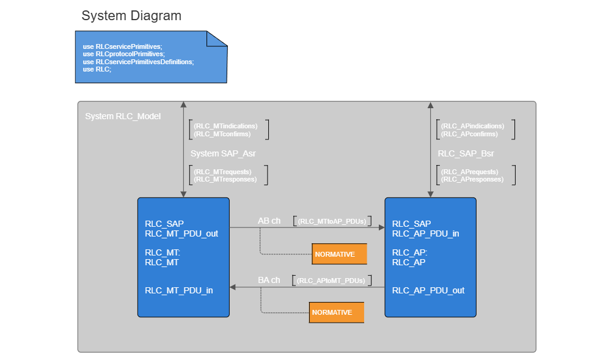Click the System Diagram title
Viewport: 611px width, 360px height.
(x=131, y=16)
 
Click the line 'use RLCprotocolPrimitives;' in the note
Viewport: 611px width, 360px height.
(x=124, y=54)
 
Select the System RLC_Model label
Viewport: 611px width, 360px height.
(x=123, y=116)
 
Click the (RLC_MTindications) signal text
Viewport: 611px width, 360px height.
(x=225, y=126)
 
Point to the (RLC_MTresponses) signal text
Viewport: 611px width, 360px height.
(x=225, y=180)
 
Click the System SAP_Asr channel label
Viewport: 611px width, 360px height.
(x=222, y=153)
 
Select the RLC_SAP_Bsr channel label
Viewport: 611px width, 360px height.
(x=466, y=153)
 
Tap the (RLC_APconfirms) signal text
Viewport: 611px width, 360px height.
(x=469, y=134)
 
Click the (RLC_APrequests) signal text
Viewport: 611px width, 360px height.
(x=469, y=172)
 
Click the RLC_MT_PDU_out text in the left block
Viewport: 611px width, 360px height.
(x=181, y=233)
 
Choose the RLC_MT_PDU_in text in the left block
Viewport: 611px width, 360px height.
(x=179, y=290)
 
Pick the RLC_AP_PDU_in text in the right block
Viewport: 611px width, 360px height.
(x=426, y=233)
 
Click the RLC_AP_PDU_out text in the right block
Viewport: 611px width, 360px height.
(x=428, y=290)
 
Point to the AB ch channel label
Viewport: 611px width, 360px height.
(x=269, y=221)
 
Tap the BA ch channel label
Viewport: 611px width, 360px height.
(x=269, y=280)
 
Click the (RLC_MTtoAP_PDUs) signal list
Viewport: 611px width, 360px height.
(x=332, y=221)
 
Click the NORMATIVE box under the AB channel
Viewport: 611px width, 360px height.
(x=339, y=254)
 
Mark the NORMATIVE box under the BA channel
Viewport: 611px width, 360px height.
(x=336, y=312)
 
